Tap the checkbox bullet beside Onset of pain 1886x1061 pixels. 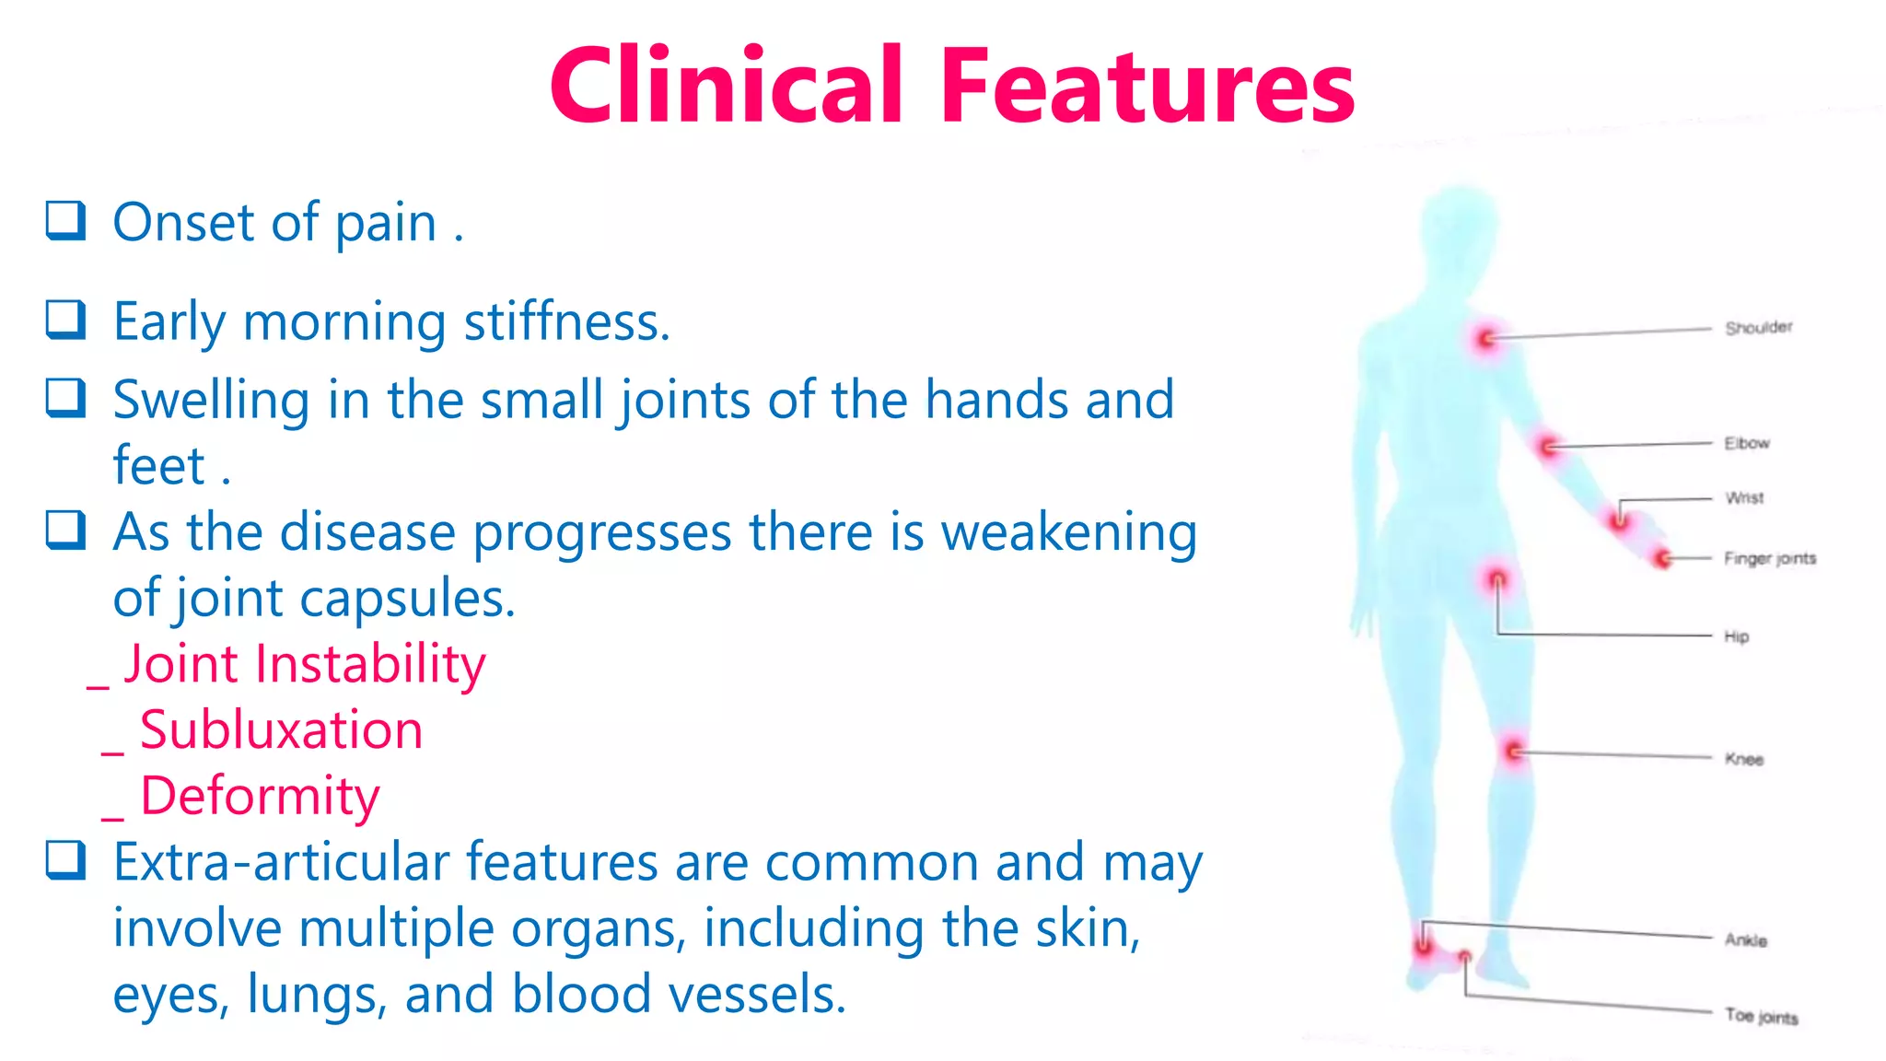[x=66, y=221]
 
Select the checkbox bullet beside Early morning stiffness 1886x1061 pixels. [x=66, y=320]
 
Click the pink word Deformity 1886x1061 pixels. [x=260, y=796]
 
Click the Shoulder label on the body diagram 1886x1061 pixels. [x=1758, y=328]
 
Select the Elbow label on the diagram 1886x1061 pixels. [x=1747, y=443]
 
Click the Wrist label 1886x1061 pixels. [x=1744, y=498]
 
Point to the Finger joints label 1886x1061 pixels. [x=1769, y=558]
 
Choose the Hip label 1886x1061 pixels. [x=1736, y=636]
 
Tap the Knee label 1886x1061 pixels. [x=1743, y=759]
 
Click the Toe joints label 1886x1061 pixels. [x=1761, y=1017]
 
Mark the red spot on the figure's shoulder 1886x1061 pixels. [x=1486, y=340]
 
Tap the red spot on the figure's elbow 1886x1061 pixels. [x=1549, y=448]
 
